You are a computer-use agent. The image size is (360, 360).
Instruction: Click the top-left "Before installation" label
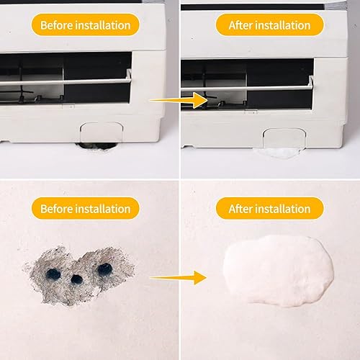click(85, 25)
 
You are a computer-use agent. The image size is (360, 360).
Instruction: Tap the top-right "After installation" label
click(270, 25)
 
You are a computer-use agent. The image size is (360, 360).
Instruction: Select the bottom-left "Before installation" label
click(85, 209)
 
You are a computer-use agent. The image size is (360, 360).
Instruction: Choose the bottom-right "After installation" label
click(270, 209)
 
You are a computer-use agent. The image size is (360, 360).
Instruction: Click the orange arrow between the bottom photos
click(177, 276)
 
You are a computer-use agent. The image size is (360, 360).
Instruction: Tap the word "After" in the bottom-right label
click(241, 209)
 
